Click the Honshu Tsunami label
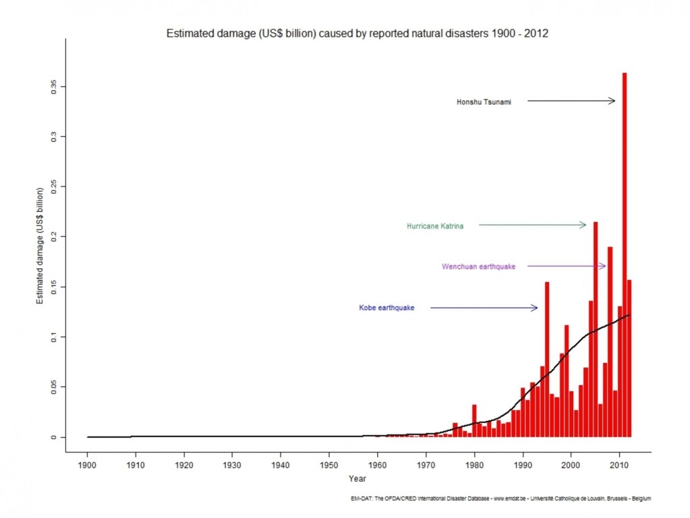[x=484, y=102]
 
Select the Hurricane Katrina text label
[x=435, y=226]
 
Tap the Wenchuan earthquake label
[x=478, y=266]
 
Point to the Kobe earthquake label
[x=386, y=308]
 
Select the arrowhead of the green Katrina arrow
[x=583, y=225]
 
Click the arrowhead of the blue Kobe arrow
[x=535, y=308]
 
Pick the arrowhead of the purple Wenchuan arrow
[x=603, y=266]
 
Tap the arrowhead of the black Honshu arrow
[x=612, y=100]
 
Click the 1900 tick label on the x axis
[x=87, y=465]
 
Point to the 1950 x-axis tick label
[x=328, y=465]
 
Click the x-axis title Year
[x=357, y=479]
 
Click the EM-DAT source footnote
[x=500, y=498]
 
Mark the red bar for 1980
[x=474, y=421]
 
